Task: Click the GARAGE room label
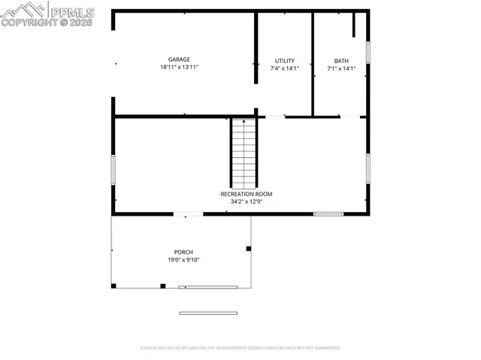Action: click(179, 59)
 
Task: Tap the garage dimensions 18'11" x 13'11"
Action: click(179, 68)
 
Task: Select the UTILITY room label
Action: click(285, 61)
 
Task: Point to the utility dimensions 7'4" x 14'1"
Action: click(285, 69)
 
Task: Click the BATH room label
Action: click(341, 61)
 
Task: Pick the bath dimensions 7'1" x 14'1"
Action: click(341, 69)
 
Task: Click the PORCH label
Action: click(183, 252)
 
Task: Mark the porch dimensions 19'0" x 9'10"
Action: click(183, 260)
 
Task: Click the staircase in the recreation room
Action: click(243, 153)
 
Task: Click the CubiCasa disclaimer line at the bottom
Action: click(240, 348)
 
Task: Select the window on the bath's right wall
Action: click(368, 51)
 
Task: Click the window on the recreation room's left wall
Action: click(113, 169)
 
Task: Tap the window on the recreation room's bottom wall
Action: click(328, 214)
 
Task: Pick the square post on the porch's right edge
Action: click(249, 248)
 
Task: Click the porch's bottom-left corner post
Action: click(113, 286)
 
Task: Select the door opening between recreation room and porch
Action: click(189, 214)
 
